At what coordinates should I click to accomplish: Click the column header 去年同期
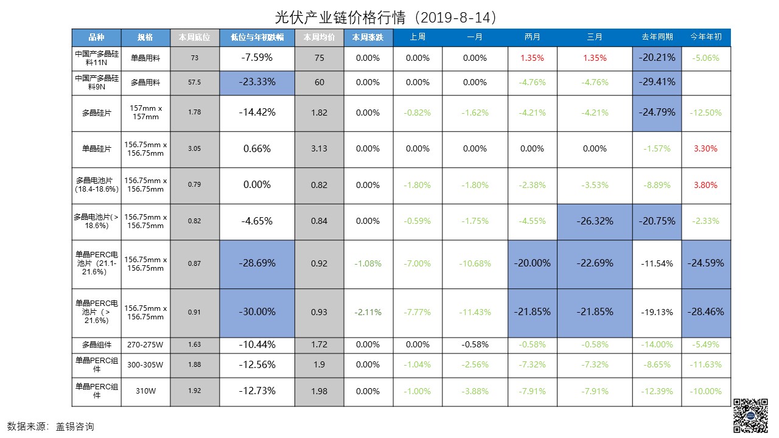tap(657, 37)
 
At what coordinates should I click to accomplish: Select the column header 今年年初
tap(706, 37)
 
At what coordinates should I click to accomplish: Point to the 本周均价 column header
tap(319, 37)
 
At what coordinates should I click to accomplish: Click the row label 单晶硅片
tap(97, 149)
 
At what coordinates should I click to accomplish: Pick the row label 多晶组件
tap(97, 345)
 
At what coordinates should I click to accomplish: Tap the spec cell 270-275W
tap(145, 345)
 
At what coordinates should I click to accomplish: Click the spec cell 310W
tap(145, 391)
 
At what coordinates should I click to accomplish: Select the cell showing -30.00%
tap(257, 311)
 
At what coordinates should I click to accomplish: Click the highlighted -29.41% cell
tap(657, 82)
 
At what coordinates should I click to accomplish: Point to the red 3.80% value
tap(706, 185)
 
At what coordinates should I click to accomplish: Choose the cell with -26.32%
tap(595, 221)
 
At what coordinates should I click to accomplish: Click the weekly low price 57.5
tap(194, 82)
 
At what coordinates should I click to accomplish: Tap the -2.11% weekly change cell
tap(368, 312)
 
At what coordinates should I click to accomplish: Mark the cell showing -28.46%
tap(706, 311)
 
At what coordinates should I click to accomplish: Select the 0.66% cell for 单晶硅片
tap(257, 149)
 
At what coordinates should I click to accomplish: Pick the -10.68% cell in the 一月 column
tap(475, 263)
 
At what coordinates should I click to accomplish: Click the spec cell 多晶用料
tap(145, 82)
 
